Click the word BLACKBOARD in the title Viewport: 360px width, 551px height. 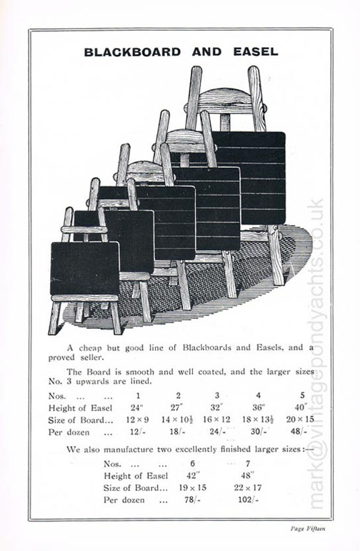[x=132, y=52]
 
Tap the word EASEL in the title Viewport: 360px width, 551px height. [x=256, y=52]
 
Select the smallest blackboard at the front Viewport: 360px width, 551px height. [x=84, y=268]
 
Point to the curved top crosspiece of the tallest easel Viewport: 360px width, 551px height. [x=225, y=96]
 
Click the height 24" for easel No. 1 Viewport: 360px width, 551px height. [x=136, y=408]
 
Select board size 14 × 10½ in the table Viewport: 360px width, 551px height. [x=176, y=420]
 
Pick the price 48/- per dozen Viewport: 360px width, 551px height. [x=299, y=431]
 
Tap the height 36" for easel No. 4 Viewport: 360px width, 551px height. [x=259, y=408]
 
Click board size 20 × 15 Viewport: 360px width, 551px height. [x=299, y=419]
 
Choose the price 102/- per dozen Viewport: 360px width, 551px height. [x=248, y=500]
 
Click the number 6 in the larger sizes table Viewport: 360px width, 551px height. [x=192, y=463]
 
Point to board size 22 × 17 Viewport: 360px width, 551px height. [x=247, y=487]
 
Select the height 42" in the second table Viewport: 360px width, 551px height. [x=193, y=475]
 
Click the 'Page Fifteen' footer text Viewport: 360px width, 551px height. [x=308, y=528]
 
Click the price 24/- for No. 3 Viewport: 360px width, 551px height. [x=218, y=431]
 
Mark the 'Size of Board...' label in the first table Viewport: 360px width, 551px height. [x=81, y=420]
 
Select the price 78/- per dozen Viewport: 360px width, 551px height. [x=193, y=500]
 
